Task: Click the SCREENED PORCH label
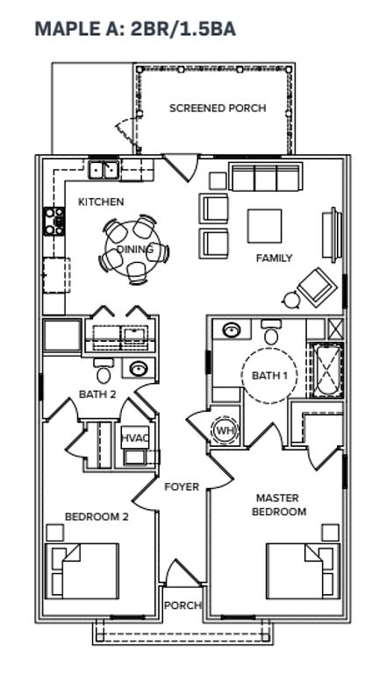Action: (218, 108)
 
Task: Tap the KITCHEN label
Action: (101, 202)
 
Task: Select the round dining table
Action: (132, 250)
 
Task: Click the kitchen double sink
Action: (104, 170)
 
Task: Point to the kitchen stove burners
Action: (54, 221)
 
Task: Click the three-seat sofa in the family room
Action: (266, 177)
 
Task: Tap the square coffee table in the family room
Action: (264, 226)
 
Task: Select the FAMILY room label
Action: (274, 258)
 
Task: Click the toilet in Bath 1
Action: (271, 332)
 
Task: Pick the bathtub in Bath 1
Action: (327, 370)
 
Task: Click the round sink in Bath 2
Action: (139, 369)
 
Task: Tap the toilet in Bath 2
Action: (104, 371)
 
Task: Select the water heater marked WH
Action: (224, 430)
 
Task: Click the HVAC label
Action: (135, 438)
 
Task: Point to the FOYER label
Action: (182, 486)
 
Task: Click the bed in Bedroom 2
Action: (82, 570)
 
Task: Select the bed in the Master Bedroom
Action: (303, 570)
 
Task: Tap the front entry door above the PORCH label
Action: (182, 572)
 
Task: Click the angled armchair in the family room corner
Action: (318, 287)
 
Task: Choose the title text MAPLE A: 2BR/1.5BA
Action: (135, 29)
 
